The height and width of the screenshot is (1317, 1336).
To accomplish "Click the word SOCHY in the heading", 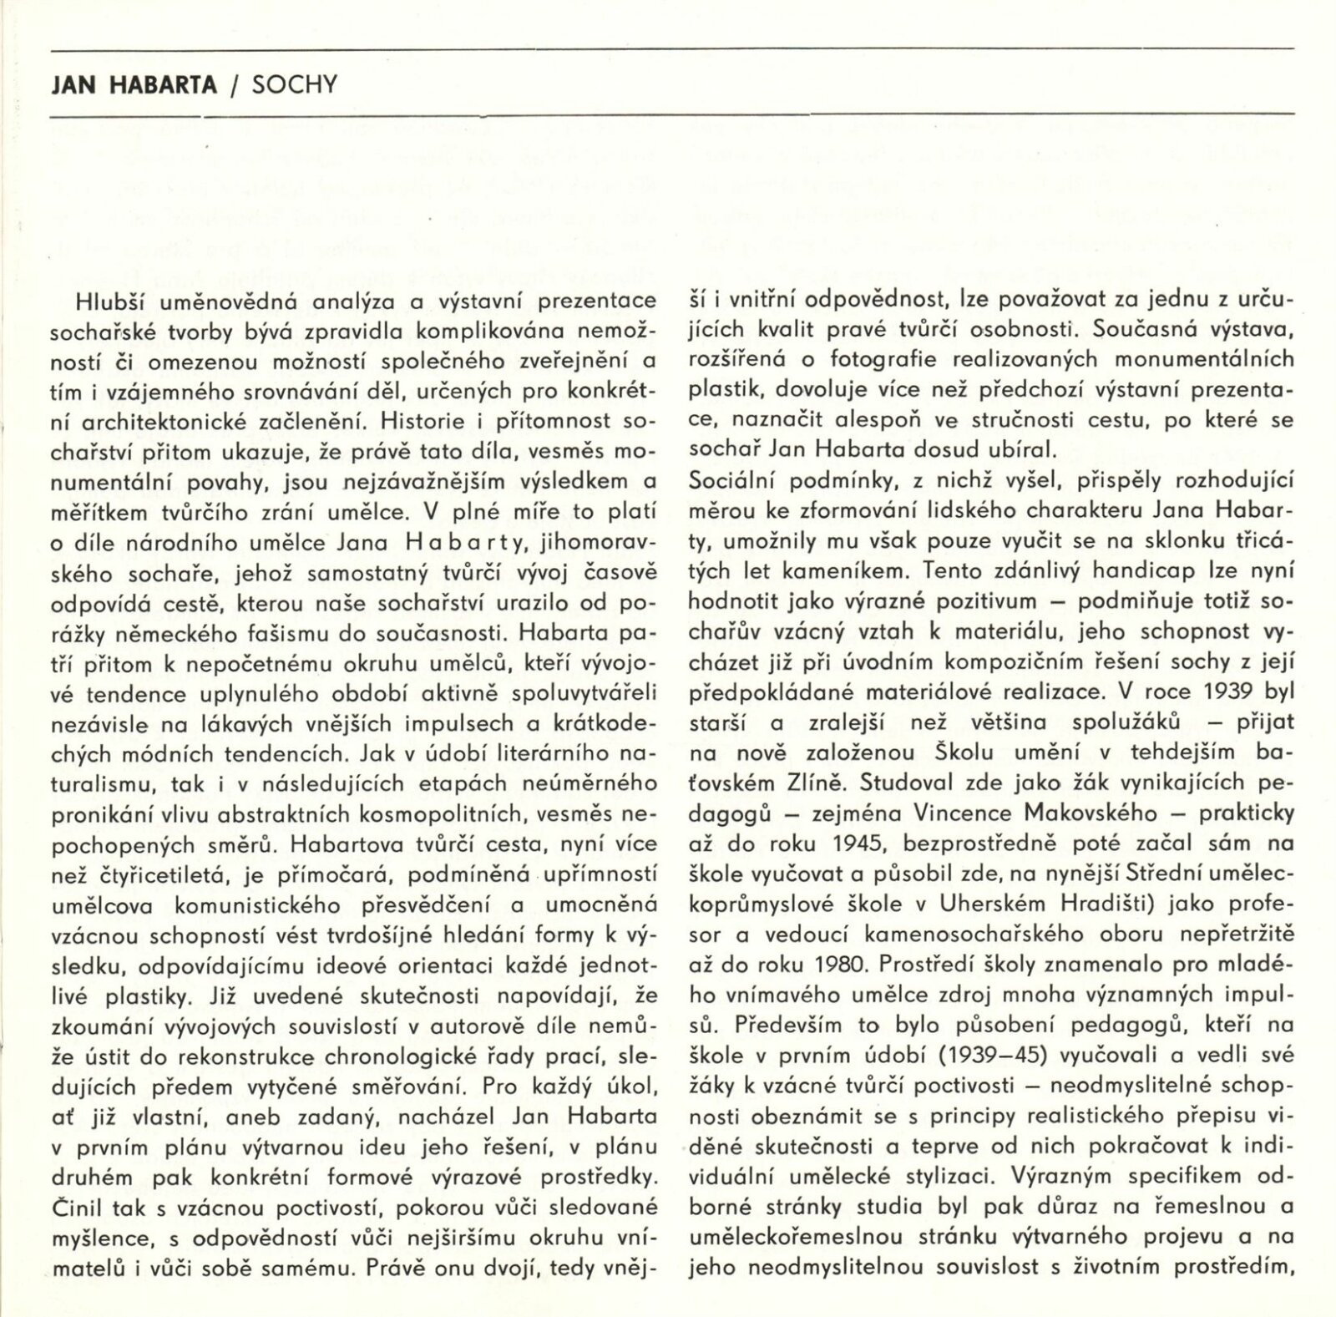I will tap(294, 85).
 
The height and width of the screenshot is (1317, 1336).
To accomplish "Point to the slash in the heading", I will tap(235, 86).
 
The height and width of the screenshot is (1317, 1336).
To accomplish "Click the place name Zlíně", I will tap(818, 783).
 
